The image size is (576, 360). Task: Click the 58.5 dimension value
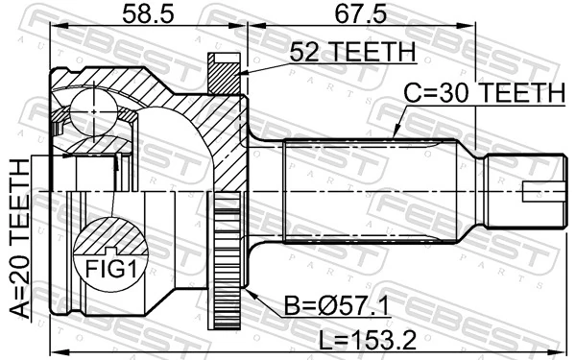(143, 14)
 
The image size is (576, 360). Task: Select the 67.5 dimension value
(360, 14)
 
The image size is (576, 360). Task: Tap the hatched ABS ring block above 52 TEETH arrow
(223, 71)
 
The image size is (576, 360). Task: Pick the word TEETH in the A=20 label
(20, 197)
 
